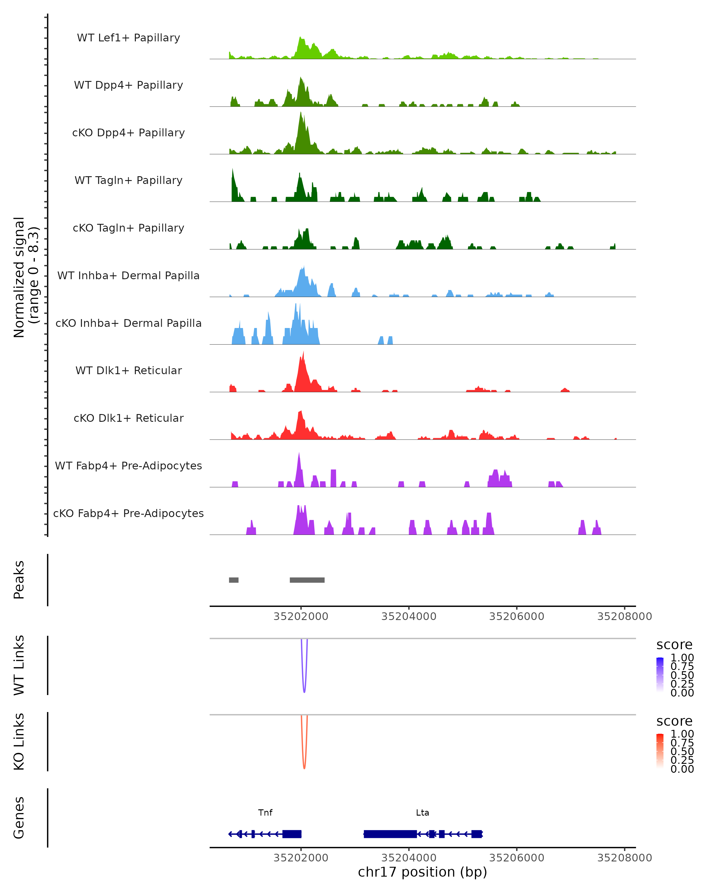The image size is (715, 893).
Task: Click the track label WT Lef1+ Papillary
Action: (x=128, y=38)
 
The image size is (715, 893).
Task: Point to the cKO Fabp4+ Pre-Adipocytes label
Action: (x=128, y=513)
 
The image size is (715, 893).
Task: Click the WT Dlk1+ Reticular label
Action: (x=128, y=370)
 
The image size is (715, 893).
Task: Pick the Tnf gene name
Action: (x=265, y=813)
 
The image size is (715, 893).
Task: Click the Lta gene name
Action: (x=422, y=813)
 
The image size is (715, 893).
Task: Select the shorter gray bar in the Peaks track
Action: (x=234, y=580)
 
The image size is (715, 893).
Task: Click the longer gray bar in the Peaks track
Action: (x=307, y=580)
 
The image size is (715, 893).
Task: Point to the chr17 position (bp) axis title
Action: (x=422, y=872)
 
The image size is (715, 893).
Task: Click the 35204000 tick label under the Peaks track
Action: (x=409, y=616)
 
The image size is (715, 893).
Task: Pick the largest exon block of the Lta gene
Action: (x=390, y=834)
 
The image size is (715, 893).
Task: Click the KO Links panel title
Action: (x=19, y=741)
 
